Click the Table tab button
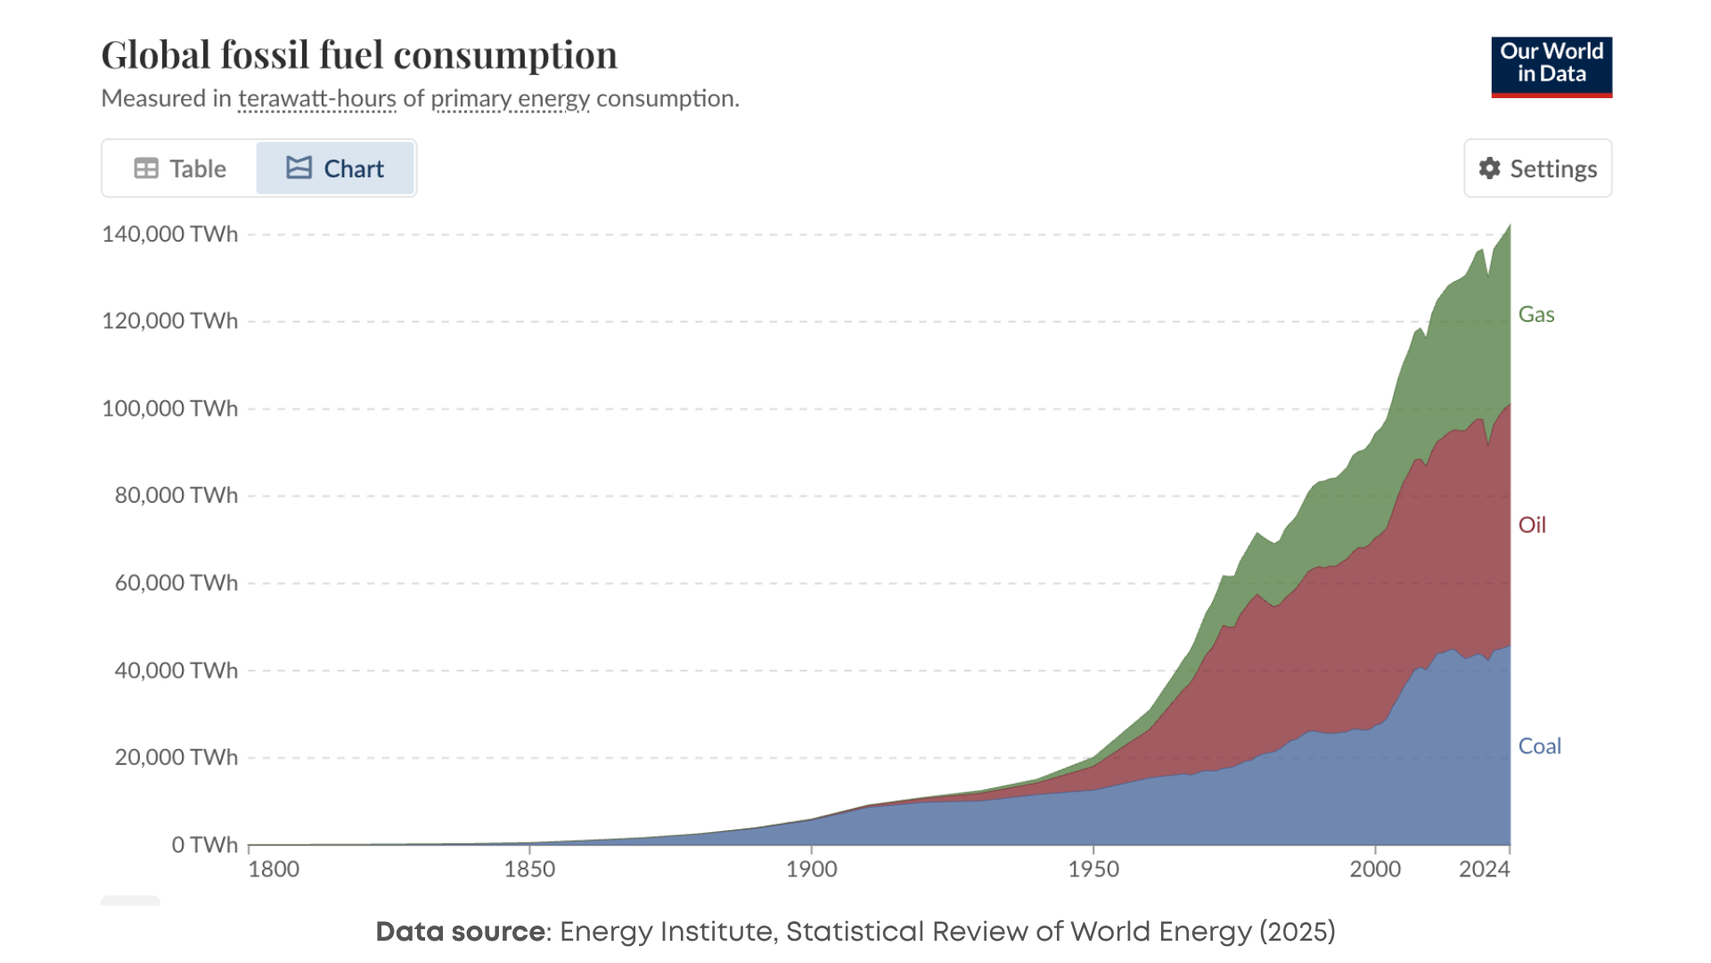tap(180, 169)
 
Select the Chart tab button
tap(335, 169)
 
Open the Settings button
tap(1537, 169)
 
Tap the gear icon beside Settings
tap(1489, 169)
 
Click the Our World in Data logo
tap(1551, 67)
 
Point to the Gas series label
tap(1535, 315)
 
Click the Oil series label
tap(1531, 525)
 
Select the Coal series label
tap(1539, 746)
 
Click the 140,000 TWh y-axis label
tap(169, 235)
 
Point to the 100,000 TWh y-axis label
tap(169, 408)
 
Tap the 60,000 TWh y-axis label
tap(176, 583)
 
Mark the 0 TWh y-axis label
tap(204, 844)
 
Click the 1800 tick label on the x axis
tap(274, 869)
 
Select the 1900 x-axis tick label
tap(811, 869)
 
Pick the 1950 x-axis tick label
tap(1093, 869)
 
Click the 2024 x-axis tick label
tap(1484, 869)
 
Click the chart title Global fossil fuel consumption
tap(358, 55)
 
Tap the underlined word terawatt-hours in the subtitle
tap(316, 98)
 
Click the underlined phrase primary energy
tap(510, 98)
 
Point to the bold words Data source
tap(460, 932)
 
